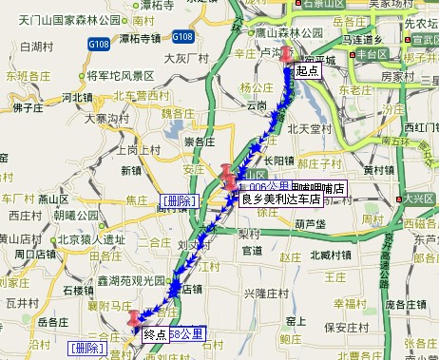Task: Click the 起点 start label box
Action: [306, 70]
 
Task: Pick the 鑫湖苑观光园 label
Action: [138, 281]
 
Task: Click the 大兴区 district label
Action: [419, 198]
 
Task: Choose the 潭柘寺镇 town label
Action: [142, 38]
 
